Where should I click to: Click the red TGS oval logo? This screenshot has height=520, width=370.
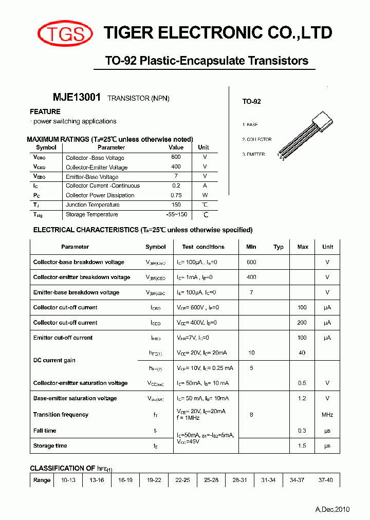tap(65, 34)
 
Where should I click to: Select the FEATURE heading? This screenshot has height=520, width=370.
tap(45, 112)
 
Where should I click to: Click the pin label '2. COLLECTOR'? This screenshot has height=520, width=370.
tap(257, 139)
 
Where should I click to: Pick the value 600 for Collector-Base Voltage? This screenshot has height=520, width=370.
tap(176, 157)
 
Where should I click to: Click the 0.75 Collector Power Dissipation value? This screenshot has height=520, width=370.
tap(176, 195)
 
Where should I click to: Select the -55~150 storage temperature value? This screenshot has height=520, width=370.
tap(176, 214)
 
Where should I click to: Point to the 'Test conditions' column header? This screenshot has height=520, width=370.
tap(203, 247)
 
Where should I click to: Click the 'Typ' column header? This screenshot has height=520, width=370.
tap(279, 247)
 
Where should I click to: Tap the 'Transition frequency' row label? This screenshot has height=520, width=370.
tap(61, 415)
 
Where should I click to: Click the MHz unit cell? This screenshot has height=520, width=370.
tap(327, 415)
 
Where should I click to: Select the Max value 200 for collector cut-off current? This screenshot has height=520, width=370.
tap(302, 323)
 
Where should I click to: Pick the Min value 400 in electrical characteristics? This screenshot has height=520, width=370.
tap(251, 277)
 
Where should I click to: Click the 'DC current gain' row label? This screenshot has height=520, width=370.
tap(54, 360)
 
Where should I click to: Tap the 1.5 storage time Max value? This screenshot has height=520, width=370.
tap(302, 445)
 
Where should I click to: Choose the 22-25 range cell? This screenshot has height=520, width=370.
tap(182, 480)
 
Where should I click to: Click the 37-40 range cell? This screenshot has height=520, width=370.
tap(326, 480)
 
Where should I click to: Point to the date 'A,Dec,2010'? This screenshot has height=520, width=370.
tap(332, 509)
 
